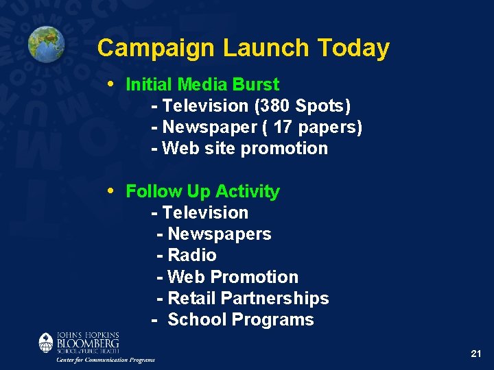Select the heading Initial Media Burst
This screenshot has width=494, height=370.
[202, 84]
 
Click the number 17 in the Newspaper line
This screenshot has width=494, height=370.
[283, 127]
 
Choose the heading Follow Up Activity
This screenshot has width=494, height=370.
[202, 191]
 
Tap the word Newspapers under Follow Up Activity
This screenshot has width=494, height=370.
[219, 234]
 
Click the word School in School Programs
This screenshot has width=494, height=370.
[197, 320]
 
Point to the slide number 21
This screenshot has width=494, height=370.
[476, 354]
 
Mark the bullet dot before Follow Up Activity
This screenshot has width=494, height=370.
[112, 190]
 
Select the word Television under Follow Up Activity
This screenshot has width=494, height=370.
[205, 213]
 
